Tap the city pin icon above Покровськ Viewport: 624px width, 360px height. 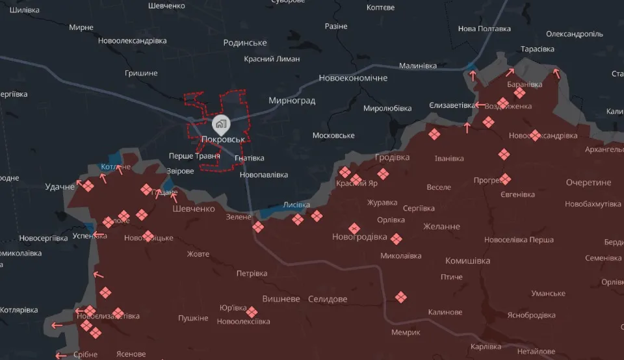[221, 123]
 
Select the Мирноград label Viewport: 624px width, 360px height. [292, 101]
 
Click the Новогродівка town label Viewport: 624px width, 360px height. [359, 237]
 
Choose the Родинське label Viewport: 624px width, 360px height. [244, 43]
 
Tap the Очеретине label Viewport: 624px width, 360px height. [588, 182]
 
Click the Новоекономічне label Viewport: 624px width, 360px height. [353, 78]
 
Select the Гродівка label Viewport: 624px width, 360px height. [392, 157]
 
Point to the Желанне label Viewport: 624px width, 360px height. [441, 226]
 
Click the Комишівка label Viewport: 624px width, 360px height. [467, 261]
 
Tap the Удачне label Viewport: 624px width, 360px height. [60, 186]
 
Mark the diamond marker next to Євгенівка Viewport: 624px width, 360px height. [505, 179]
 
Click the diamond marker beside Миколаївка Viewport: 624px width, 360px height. [396, 239]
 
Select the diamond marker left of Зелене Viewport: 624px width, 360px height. [258, 227]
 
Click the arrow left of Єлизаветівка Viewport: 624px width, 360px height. [479, 105]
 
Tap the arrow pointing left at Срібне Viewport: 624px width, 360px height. [60, 355]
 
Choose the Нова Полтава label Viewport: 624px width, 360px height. [484, 29]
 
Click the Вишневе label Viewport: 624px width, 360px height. [281, 299]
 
